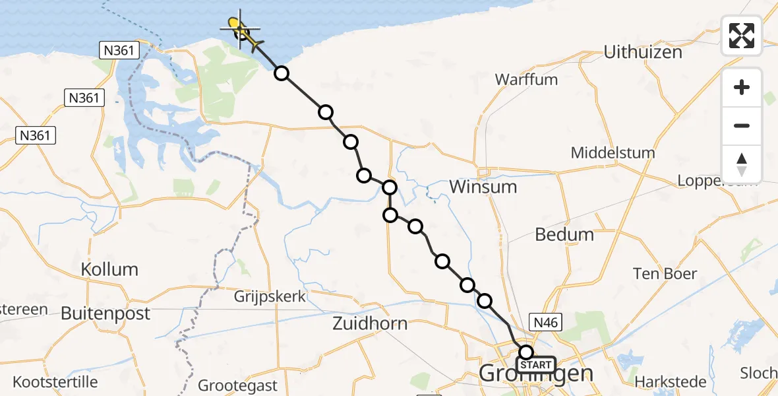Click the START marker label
click(536, 365)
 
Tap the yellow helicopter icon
click(243, 31)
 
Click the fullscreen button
click(742, 36)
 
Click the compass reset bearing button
click(742, 164)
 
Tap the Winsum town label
click(483, 187)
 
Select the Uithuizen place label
click(643, 52)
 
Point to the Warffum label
click(526, 80)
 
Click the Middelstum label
click(613, 152)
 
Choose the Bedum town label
click(564, 234)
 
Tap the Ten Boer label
click(665, 273)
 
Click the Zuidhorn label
click(370, 323)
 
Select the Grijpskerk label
click(270, 296)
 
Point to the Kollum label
click(109, 269)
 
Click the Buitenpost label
click(105, 313)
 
